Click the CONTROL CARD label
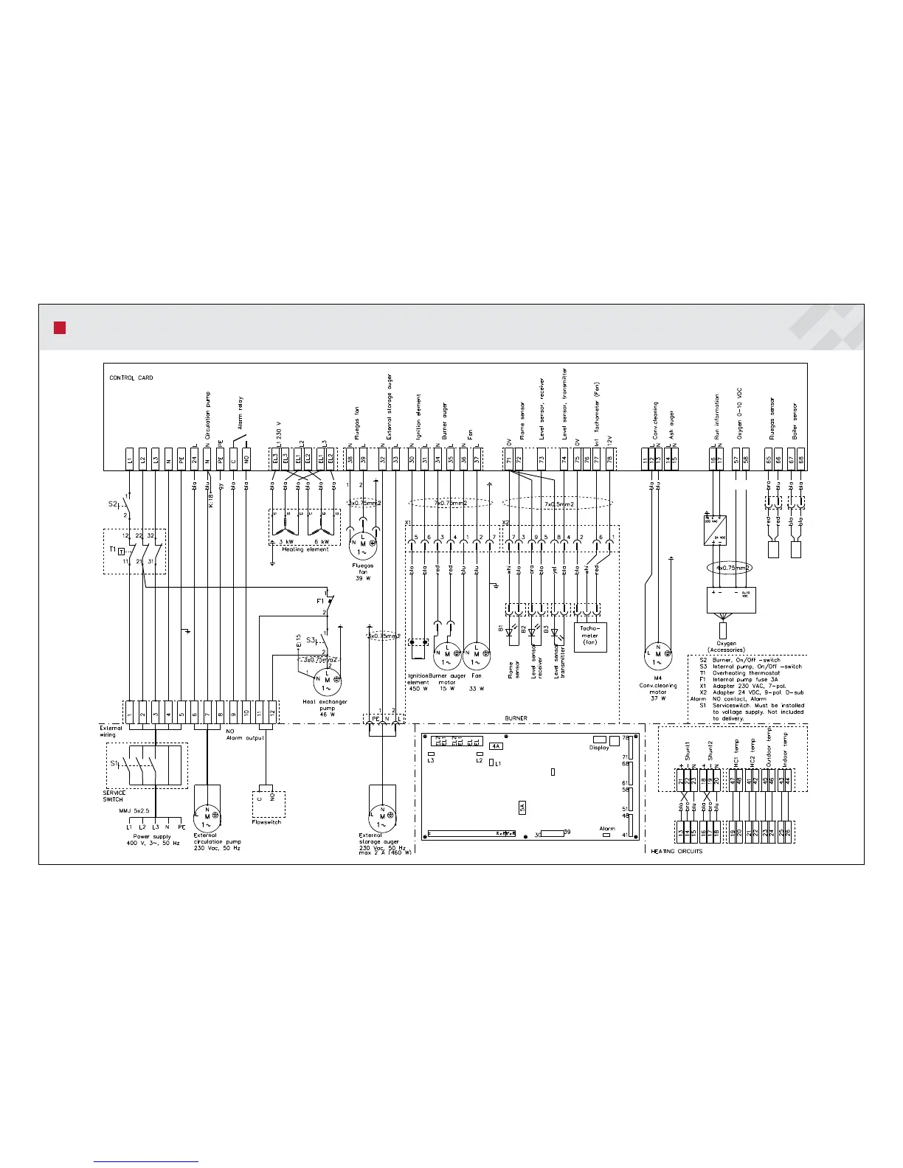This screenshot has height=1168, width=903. pyautogui.click(x=131, y=378)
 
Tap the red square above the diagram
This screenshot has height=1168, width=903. pyautogui.click(x=60, y=327)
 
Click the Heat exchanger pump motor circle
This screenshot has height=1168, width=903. pyautogui.click(x=328, y=681)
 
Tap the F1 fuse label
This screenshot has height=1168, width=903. pyautogui.click(x=320, y=601)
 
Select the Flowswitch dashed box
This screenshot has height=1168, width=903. pyautogui.click(x=268, y=804)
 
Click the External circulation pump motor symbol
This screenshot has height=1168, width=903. pyautogui.click(x=207, y=816)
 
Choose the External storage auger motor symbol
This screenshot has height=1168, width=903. pyautogui.click(x=382, y=816)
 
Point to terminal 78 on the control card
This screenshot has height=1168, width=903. pyautogui.click(x=610, y=459)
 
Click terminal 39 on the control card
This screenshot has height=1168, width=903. pyautogui.click(x=364, y=459)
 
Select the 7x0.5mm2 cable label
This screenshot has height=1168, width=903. pyautogui.click(x=558, y=504)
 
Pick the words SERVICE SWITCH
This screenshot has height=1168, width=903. pyautogui.click(x=114, y=796)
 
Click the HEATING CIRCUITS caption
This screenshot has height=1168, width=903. pyautogui.click(x=677, y=851)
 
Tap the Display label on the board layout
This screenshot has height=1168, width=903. pyautogui.click(x=599, y=748)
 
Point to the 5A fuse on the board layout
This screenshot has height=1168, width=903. pyautogui.click(x=522, y=807)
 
